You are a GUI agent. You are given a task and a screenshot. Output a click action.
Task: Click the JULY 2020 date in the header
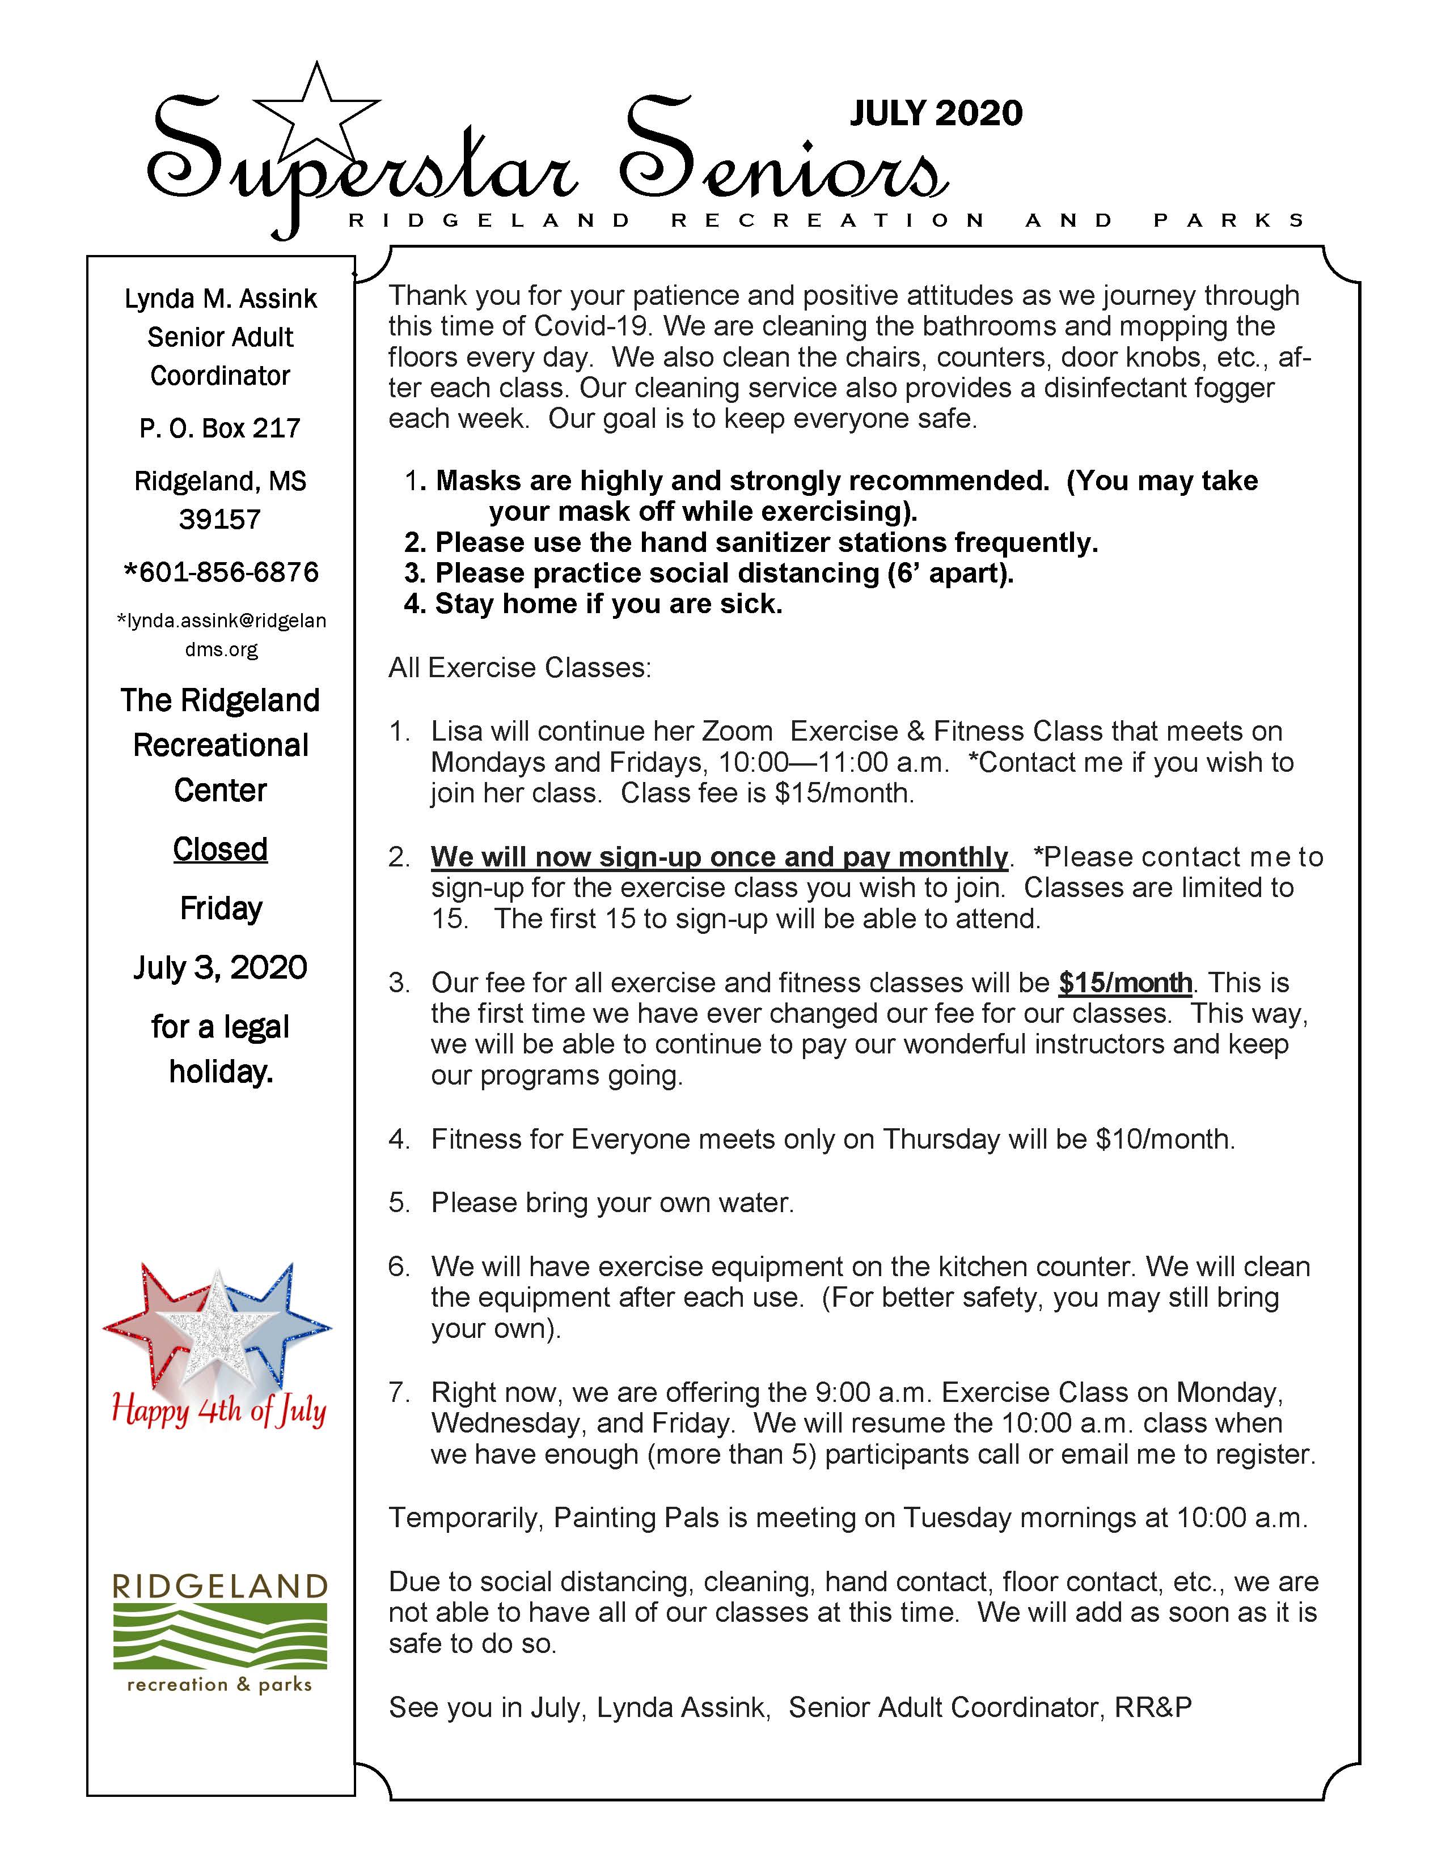coord(936,113)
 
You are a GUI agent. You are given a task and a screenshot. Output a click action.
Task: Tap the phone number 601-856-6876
coord(222,572)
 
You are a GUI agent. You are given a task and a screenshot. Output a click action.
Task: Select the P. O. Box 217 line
coord(220,428)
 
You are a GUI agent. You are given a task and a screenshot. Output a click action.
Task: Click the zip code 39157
coord(220,519)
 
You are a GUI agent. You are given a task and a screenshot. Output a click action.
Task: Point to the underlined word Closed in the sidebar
coord(220,849)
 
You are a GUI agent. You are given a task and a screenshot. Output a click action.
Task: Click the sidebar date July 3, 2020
coord(220,967)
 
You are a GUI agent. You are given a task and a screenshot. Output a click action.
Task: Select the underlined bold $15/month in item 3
coord(1125,983)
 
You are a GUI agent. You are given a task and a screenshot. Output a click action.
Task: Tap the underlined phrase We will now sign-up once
coord(720,857)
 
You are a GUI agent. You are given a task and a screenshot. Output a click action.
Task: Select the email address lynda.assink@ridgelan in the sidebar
coord(222,620)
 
